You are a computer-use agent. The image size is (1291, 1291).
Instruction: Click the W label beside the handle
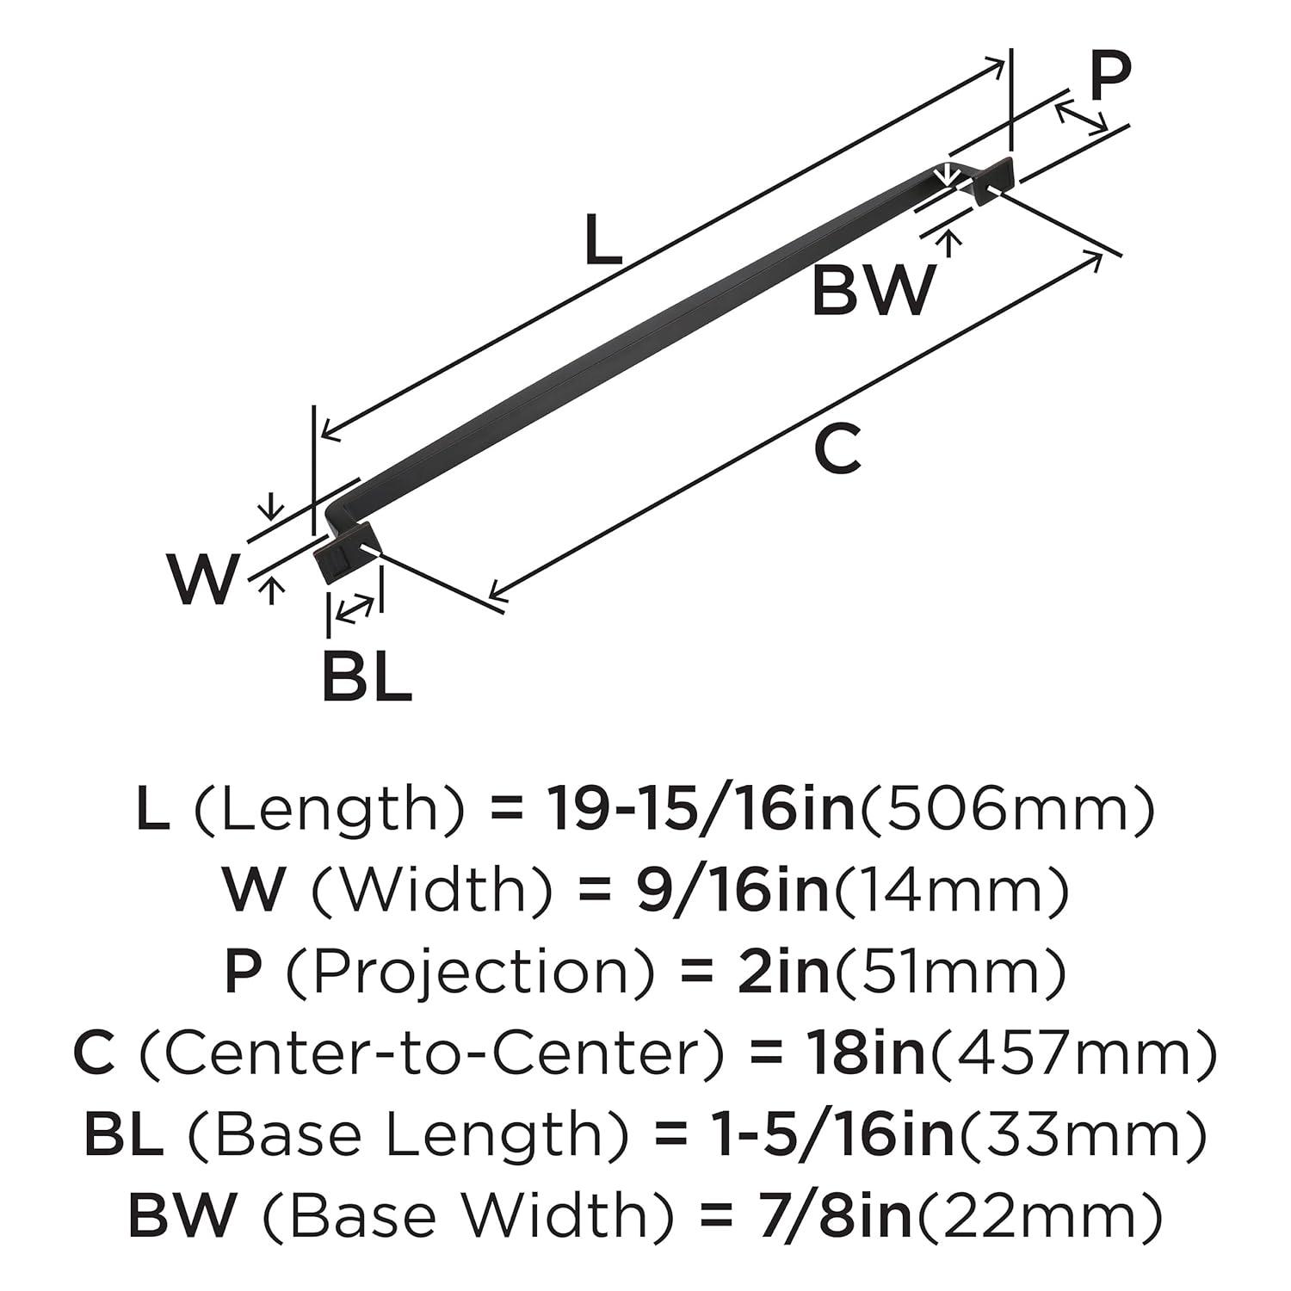click(203, 579)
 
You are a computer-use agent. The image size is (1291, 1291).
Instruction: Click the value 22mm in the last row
click(1037, 1215)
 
